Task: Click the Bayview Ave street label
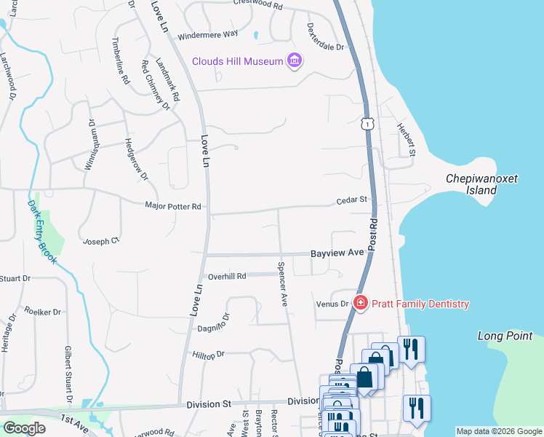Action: coord(337,253)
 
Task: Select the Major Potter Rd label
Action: coord(172,207)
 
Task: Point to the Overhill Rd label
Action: coord(227,276)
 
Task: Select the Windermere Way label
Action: coord(208,34)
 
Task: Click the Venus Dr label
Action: coord(332,304)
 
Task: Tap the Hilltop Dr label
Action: coord(209,354)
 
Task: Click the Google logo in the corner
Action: coord(24,428)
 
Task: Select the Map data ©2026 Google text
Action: coord(498,431)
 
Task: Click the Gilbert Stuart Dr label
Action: coord(68,376)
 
